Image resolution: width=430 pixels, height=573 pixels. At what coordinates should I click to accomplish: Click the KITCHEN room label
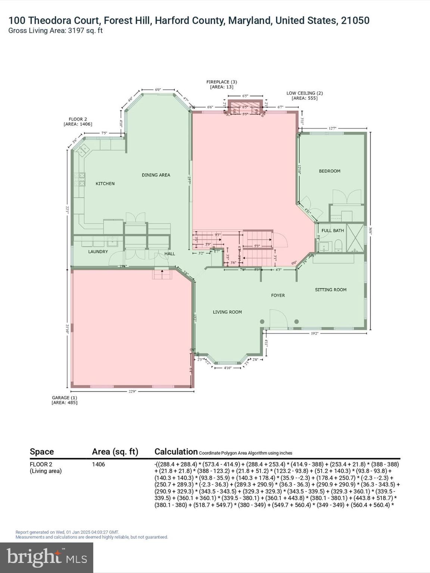point(105,184)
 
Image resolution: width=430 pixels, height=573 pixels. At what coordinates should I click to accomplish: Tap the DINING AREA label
point(156,175)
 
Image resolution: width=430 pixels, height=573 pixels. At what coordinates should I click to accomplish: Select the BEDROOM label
point(329,171)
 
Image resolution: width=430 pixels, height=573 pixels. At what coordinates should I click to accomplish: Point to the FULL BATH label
point(333,231)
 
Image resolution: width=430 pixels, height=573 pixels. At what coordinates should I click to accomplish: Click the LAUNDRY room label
point(98,252)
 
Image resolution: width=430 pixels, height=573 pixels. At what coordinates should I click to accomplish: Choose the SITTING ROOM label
point(330,290)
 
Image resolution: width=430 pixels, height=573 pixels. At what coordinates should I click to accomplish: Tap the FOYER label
point(278,295)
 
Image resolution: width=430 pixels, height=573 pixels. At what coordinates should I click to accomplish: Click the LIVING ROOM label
point(227,312)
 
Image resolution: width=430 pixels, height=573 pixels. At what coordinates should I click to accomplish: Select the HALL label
point(169,254)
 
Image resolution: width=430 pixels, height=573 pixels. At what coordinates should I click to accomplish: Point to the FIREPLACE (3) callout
point(222,84)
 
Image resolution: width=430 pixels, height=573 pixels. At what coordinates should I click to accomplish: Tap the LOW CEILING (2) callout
point(304,95)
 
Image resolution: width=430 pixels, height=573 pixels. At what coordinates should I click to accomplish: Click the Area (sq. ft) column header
point(115,452)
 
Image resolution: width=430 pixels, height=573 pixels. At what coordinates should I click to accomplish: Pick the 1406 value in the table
point(99,464)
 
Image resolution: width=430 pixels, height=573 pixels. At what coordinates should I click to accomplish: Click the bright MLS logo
point(47,558)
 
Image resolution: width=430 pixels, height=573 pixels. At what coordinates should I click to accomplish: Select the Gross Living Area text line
point(55,31)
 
